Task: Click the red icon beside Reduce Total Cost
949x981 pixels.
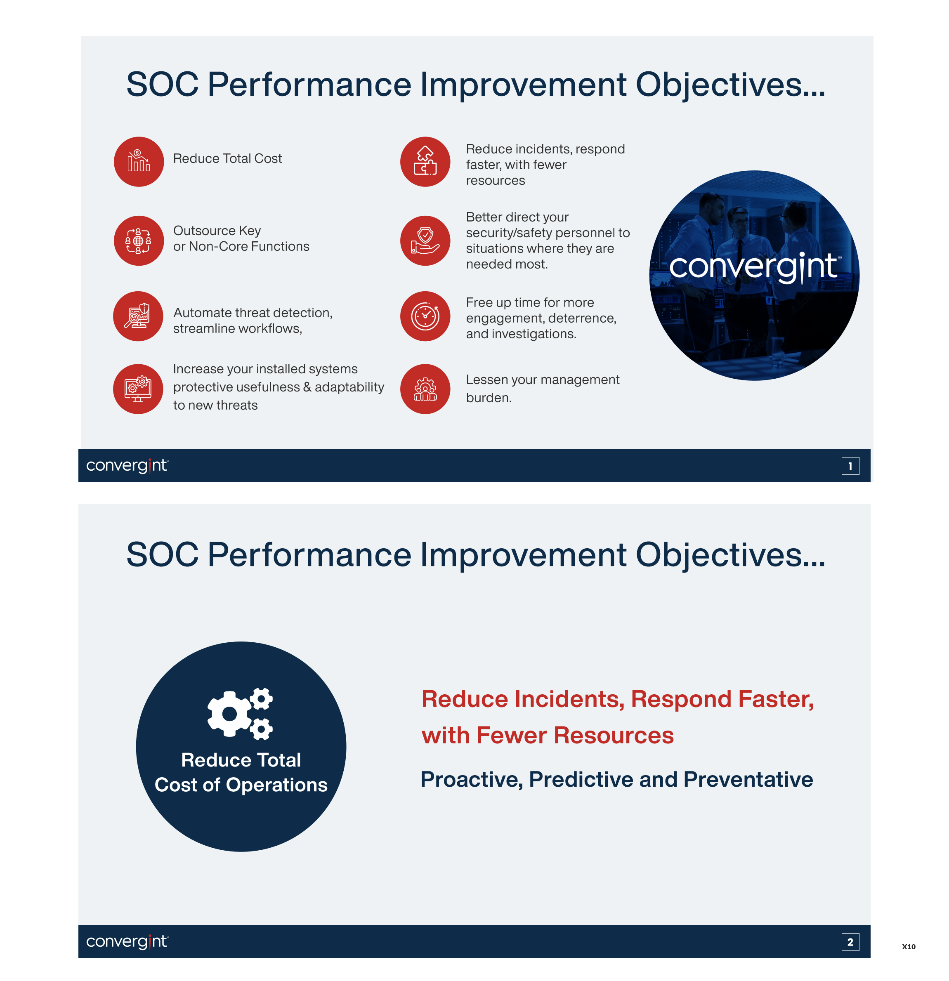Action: [x=139, y=162]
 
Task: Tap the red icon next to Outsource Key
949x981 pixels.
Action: [x=139, y=241]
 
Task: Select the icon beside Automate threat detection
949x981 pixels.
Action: [x=138, y=316]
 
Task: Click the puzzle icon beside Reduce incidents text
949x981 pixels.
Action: [x=425, y=162]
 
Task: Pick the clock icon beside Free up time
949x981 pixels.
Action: [x=425, y=316]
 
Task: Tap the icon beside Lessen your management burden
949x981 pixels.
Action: [x=425, y=389]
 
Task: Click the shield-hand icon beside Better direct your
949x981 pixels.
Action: [x=425, y=241]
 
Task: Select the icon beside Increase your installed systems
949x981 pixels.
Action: [x=138, y=389]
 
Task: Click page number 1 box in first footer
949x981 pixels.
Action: [x=850, y=466]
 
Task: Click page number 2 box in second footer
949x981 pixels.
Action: [x=850, y=942]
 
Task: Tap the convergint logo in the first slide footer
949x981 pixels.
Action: [x=127, y=465]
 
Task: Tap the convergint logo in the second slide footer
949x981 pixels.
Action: [x=127, y=941]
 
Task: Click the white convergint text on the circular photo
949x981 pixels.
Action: [x=753, y=267]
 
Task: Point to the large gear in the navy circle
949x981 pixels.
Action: [x=230, y=714]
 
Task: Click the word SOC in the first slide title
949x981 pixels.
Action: [x=162, y=84]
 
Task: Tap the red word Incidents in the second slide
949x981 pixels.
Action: [x=569, y=699]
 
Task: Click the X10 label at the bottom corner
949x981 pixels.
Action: [x=909, y=946]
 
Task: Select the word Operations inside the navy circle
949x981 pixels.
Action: [x=276, y=785]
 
